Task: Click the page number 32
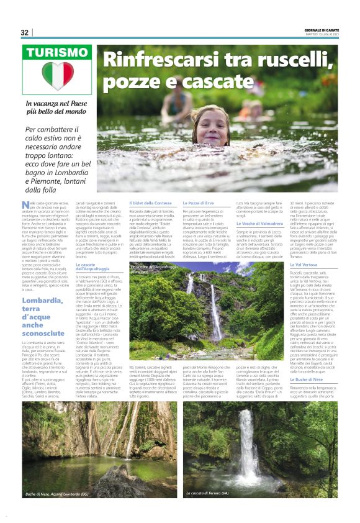click(x=24, y=32)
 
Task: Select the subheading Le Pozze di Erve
click(x=197, y=204)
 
